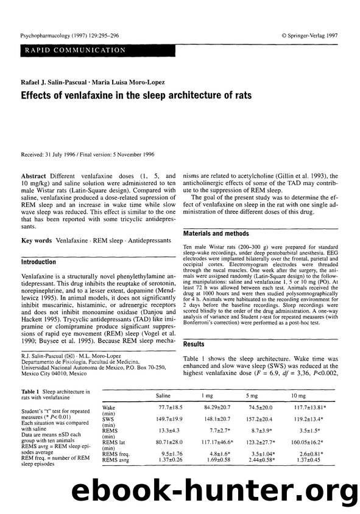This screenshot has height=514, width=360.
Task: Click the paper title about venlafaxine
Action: point(136,96)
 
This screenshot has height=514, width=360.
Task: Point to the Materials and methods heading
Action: point(219,233)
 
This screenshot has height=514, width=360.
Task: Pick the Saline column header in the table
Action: point(163,395)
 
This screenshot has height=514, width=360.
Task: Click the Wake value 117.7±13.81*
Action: point(308,407)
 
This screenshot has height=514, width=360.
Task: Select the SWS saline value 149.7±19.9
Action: point(163,419)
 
